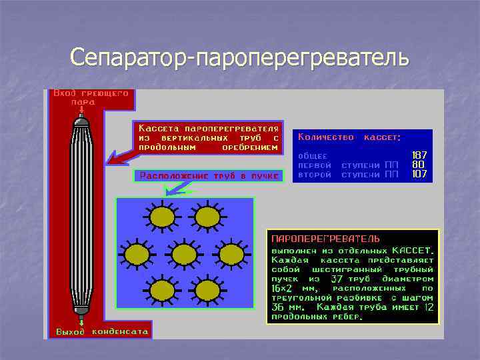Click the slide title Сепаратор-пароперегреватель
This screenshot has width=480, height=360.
click(x=239, y=57)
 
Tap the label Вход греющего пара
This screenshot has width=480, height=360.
click(x=91, y=98)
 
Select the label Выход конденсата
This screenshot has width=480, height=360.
click(x=102, y=331)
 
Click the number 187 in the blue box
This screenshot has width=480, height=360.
click(x=419, y=155)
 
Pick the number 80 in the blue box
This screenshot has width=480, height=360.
click(x=419, y=164)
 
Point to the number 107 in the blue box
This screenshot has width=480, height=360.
click(x=419, y=174)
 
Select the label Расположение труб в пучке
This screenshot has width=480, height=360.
click(x=209, y=176)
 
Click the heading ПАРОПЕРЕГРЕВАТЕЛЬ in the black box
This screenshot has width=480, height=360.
click(x=325, y=237)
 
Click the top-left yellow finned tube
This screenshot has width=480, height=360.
click(x=161, y=217)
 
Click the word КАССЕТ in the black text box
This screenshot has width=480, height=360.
click(x=416, y=249)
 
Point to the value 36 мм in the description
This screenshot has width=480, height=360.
click(x=287, y=307)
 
